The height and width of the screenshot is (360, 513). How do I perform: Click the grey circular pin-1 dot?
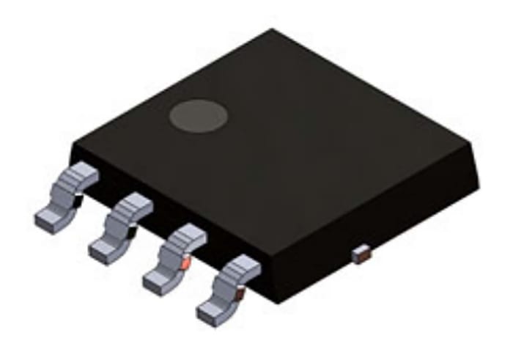[x=199, y=117]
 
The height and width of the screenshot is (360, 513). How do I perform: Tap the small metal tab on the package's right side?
[x=361, y=254]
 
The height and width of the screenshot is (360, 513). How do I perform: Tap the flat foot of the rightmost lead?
[x=213, y=312]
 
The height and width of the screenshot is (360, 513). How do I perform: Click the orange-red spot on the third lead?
[x=185, y=262]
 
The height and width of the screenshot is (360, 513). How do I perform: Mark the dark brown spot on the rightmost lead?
[x=239, y=294]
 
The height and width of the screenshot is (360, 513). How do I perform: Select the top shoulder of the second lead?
[x=136, y=203]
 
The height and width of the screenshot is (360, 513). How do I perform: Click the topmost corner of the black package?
[x=273, y=31]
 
